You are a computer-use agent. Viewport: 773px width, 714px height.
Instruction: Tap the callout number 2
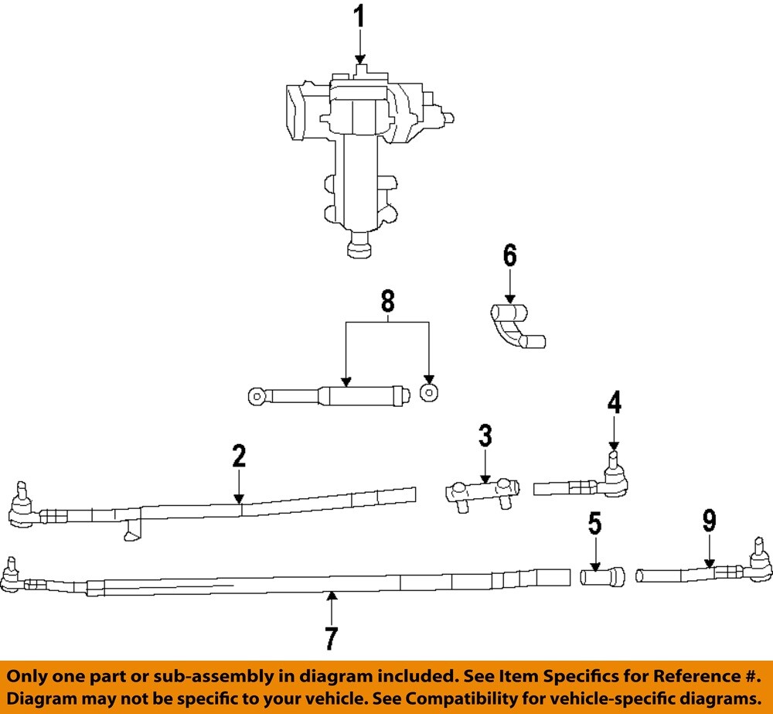click(239, 456)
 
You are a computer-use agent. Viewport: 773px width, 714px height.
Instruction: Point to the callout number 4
click(614, 403)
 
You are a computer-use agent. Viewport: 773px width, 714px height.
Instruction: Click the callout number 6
click(509, 256)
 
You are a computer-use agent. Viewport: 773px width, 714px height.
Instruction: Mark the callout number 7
click(331, 639)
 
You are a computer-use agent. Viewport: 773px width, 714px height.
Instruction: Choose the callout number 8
click(387, 300)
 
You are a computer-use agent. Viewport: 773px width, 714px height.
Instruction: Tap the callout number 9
click(709, 522)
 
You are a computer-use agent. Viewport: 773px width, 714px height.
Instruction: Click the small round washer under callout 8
click(427, 392)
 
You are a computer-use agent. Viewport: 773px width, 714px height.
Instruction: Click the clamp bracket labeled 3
click(481, 491)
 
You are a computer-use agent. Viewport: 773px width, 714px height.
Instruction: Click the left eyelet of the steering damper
click(257, 396)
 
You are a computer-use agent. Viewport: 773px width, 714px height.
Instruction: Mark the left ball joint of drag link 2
click(20, 506)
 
